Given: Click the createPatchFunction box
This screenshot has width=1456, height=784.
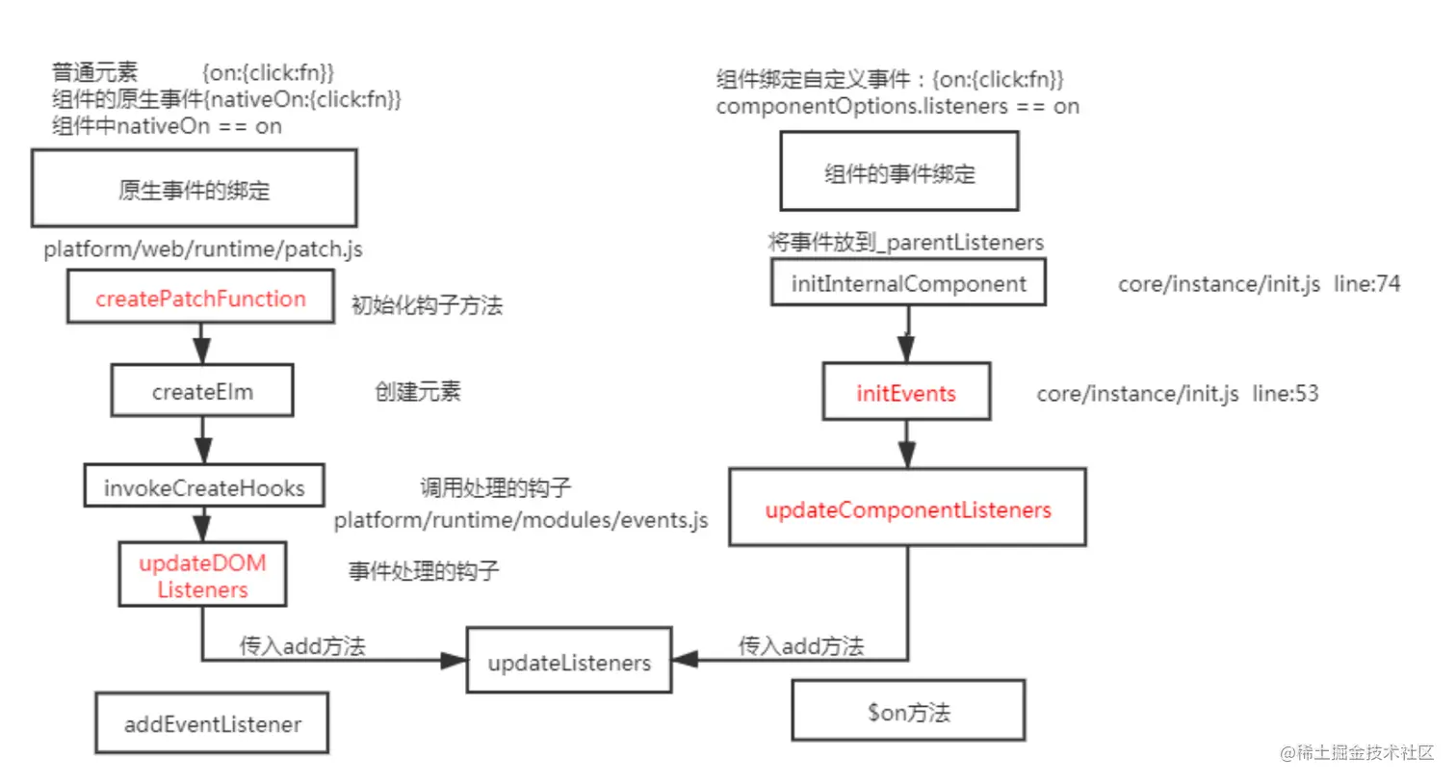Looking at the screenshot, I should pos(200,298).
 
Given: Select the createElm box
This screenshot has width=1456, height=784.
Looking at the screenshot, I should pos(202,391).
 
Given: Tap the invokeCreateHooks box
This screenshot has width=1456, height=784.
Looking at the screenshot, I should pos(203,487).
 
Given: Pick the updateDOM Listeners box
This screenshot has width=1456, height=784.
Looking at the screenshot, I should pos(202,575).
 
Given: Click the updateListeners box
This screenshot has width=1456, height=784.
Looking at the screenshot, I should pos(569,662).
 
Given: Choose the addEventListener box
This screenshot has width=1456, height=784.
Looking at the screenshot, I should pos(212,723).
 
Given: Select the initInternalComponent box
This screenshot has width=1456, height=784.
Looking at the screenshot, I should pos(908,283).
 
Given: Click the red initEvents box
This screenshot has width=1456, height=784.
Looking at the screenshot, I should pos(906,392).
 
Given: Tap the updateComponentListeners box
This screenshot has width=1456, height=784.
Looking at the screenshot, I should pos(907,509).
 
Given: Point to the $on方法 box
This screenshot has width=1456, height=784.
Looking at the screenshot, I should pos(908,712).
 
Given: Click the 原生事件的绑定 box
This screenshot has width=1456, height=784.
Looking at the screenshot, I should pos(194,189).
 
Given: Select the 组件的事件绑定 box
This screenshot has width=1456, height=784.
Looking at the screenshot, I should pos(899,172).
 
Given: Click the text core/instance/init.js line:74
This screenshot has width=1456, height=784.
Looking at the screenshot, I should pos(1259,283).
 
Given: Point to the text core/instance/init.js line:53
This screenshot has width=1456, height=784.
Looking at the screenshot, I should pos(1177,393).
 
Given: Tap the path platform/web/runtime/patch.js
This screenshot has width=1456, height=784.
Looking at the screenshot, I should pos(202,248).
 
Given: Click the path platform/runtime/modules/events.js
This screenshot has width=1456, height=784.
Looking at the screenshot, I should pos(521,520).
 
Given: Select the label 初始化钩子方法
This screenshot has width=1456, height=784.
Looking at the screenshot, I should pos(427,304).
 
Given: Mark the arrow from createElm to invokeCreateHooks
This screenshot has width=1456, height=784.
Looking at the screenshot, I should pos(203,441).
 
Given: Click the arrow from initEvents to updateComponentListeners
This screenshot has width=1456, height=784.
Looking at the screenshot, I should pos(907,444).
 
